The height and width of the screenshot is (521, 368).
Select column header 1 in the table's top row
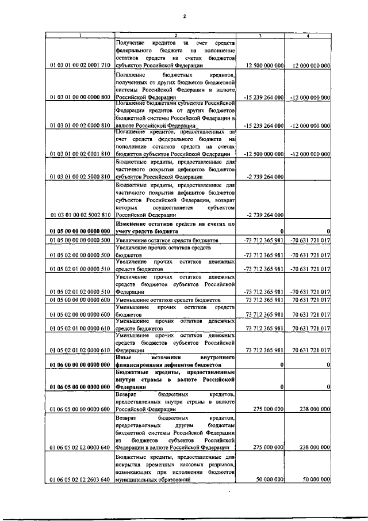click(x=80, y=36)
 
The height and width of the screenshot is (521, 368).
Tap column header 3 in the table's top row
click(x=260, y=36)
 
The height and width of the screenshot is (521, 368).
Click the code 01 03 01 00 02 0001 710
click(x=80, y=66)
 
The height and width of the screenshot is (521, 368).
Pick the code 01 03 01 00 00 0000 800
click(x=80, y=97)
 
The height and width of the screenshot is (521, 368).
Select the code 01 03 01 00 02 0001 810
click(x=80, y=154)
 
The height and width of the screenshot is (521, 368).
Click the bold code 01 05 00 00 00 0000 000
click(x=80, y=231)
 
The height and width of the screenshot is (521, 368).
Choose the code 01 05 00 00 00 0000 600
click(x=80, y=300)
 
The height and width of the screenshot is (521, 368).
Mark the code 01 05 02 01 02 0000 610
click(x=80, y=350)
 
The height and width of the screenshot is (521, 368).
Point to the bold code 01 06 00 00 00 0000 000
click(x=80, y=365)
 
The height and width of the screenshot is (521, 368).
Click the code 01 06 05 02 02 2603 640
click(x=80, y=479)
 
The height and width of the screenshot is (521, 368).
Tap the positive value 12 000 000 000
click(x=311, y=66)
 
